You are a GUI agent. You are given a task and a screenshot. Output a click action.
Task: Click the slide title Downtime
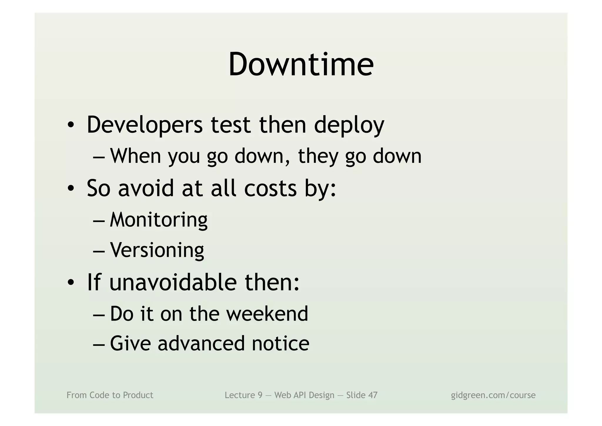(301, 64)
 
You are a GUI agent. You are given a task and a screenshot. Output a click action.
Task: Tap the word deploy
(349, 125)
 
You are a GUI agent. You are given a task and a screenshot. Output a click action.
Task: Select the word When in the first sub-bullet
(136, 156)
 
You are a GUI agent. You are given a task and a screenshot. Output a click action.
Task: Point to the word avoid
(146, 188)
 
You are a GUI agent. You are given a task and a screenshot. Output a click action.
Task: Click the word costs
(270, 188)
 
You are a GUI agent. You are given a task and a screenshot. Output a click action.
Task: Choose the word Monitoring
(159, 220)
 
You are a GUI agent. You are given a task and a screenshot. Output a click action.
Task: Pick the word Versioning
(157, 250)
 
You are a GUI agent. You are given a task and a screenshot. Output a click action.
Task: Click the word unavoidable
(173, 282)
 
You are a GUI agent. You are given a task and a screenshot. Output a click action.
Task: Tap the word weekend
(267, 314)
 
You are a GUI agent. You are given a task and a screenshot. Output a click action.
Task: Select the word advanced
(201, 344)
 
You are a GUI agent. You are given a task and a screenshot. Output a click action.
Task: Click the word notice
(280, 344)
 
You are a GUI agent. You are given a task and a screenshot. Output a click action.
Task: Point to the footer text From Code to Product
(110, 395)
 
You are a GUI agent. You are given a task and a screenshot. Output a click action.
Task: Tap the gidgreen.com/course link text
(493, 395)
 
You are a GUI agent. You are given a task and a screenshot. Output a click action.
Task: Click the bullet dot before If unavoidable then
(71, 283)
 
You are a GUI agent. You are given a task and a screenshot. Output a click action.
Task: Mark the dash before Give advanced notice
(98, 344)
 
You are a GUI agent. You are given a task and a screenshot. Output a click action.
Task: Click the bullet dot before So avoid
(71, 188)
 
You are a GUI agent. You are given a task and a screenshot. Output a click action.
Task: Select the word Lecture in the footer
(239, 395)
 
